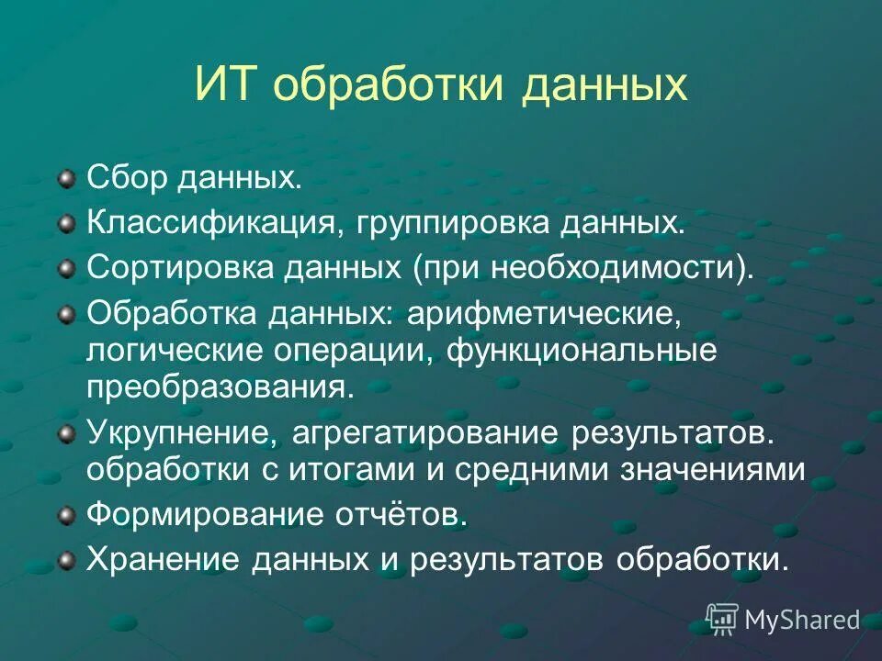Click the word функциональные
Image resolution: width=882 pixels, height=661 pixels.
click(x=582, y=351)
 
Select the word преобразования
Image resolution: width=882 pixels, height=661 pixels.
click(x=219, y=386)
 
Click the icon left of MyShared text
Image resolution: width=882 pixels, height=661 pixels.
click(x=722, y=620)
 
